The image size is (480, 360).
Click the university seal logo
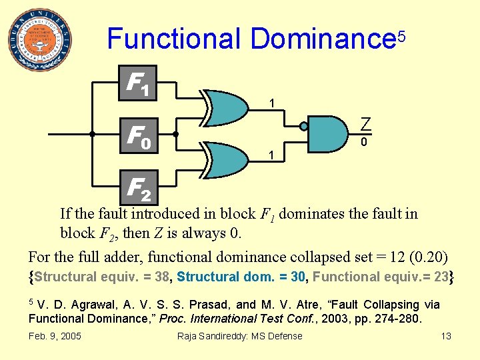click(x=41, y=40)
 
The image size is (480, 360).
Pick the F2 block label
click(x=139, y=188)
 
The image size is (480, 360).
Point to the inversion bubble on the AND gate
click(x=303, y=127)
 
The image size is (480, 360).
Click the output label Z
click(x=365, y=123)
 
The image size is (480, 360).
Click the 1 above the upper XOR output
click(x=272, y=103)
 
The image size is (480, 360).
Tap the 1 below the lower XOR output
click(x=271, y=155)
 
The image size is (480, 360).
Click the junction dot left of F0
click(x=93, y=134)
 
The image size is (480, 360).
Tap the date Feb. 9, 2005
click(x=55, y=335)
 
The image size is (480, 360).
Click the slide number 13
click(x=446, y=335)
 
